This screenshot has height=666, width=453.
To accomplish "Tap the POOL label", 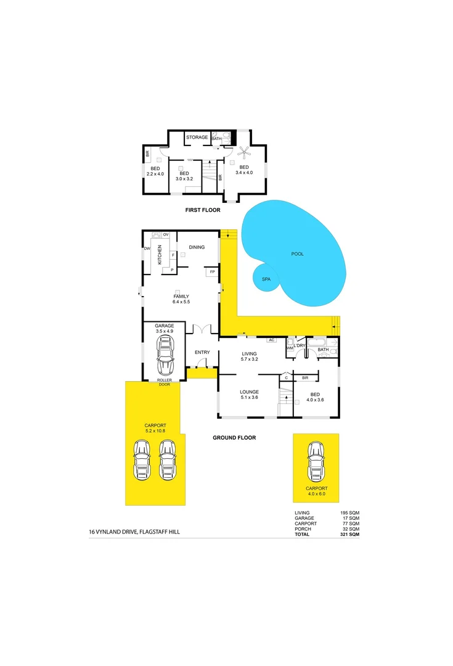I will pos(298,254).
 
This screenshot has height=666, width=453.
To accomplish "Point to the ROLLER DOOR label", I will pos(164,382).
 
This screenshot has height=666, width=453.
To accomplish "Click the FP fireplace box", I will pos(212,271).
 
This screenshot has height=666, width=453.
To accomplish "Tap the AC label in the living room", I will pos(271,340).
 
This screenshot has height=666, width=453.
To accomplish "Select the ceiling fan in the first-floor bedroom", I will pos(243,152).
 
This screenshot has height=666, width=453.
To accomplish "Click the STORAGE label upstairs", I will pos(197,137).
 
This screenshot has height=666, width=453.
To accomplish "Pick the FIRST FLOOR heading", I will pos(203,210).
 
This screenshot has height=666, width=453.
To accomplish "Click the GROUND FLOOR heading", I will pos(235,438).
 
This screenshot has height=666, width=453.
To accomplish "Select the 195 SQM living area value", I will pos(349,512).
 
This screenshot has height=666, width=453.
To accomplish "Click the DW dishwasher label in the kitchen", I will pos(147,249).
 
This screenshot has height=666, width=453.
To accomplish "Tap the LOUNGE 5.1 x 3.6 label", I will pos(249,395).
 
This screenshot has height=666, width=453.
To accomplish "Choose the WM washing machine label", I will pos(290,348).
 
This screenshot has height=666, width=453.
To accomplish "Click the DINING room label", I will pos(197,247).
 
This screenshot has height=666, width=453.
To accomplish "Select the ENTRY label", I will pos(202,352).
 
